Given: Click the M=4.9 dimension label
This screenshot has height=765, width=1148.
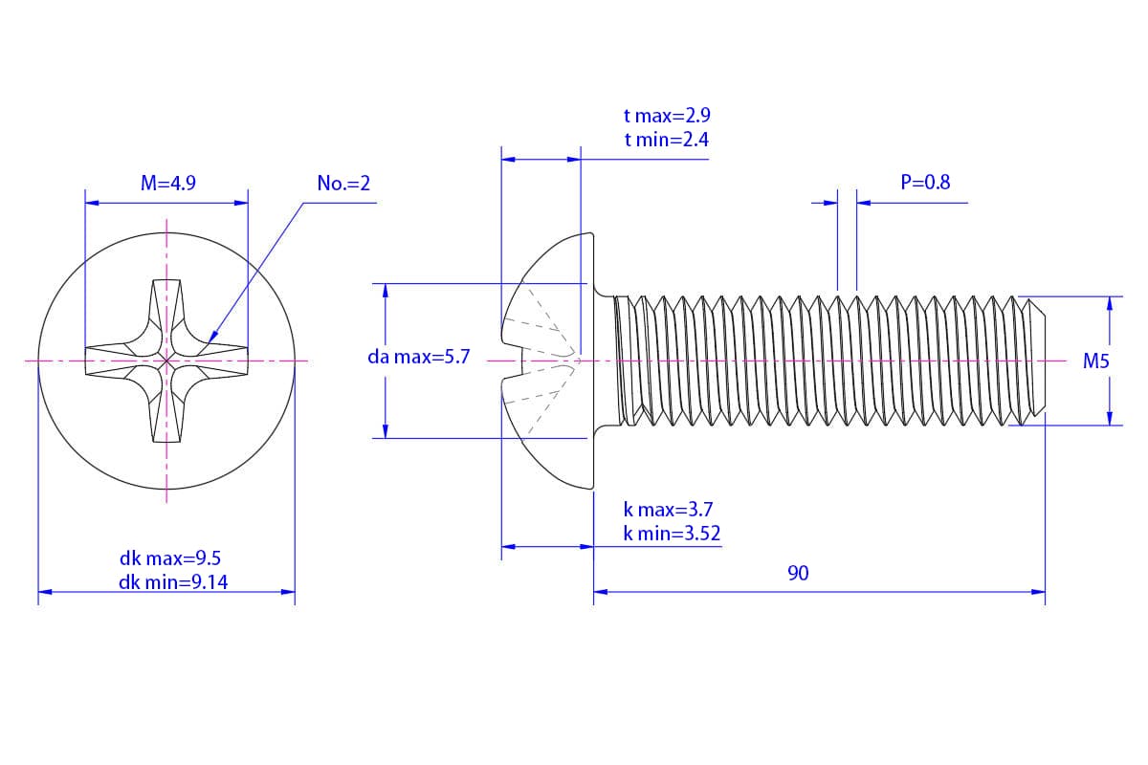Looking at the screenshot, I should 167,184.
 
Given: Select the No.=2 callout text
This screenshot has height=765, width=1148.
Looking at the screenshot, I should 342,184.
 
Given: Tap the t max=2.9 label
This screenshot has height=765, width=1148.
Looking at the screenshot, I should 667,117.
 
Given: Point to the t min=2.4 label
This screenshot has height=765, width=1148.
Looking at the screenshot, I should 666,140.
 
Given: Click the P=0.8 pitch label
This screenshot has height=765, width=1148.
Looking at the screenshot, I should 925,183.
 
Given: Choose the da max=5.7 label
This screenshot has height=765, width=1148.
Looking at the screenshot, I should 419,358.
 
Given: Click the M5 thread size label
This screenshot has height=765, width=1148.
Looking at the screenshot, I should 1096,361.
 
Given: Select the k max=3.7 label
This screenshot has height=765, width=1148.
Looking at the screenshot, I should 668,510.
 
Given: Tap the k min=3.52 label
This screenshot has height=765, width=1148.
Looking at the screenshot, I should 672,534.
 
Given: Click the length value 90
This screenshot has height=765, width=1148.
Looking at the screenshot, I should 798,573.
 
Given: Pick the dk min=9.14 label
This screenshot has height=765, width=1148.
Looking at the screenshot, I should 173,581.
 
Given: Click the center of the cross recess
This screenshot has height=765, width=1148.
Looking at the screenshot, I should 167,361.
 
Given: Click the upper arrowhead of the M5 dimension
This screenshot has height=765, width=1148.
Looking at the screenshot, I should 1109,301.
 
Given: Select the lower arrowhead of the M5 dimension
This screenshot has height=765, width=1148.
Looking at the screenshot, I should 1109,419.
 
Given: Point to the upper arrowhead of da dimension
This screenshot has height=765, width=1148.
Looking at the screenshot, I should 386,289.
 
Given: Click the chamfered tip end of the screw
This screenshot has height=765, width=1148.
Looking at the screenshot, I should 1043,361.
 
